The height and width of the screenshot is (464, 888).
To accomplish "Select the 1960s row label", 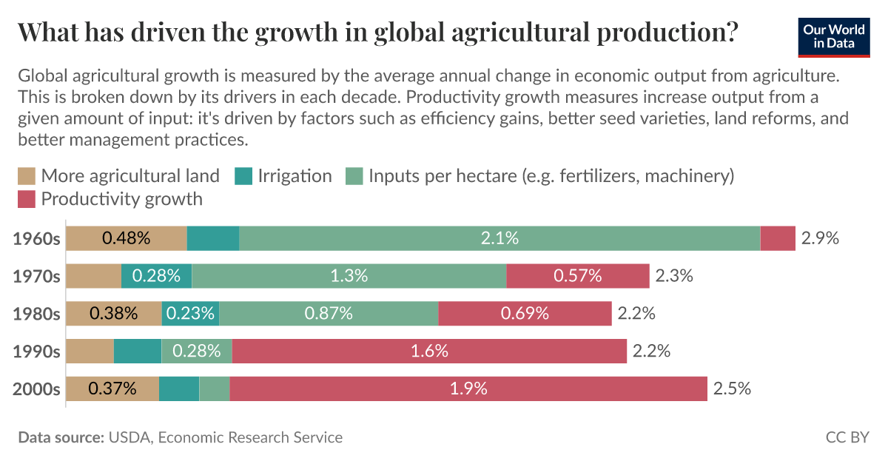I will [36, 238].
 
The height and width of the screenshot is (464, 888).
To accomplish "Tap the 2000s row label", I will [36, 389].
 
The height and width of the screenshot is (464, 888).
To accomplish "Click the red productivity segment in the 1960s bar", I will [778, 238].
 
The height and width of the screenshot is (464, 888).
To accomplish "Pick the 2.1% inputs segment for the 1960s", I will [499, 238].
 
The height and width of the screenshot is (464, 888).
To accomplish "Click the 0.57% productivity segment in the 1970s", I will [577, 276].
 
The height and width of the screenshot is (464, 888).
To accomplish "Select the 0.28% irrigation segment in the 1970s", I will [156, 276].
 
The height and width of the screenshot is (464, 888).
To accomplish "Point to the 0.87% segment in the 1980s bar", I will [329, 313].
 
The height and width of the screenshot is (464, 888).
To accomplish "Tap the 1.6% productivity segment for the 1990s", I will [429, 351].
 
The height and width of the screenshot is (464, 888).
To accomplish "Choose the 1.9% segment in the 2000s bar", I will [468, 389].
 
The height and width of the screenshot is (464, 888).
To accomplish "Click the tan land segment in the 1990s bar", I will [90, 351].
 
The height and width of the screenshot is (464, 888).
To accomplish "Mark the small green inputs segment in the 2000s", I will [215, 389].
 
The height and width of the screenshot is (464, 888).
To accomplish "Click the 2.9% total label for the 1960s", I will [820, 238].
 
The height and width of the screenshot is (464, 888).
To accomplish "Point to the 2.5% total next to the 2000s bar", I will [732, 389].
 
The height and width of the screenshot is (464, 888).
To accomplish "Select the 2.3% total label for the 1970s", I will [673, 276].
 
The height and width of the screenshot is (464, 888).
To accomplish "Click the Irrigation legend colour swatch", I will [243, 176].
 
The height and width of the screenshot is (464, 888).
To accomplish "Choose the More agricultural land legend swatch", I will [27, 176].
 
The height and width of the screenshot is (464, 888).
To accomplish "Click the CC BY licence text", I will [847, 437].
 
